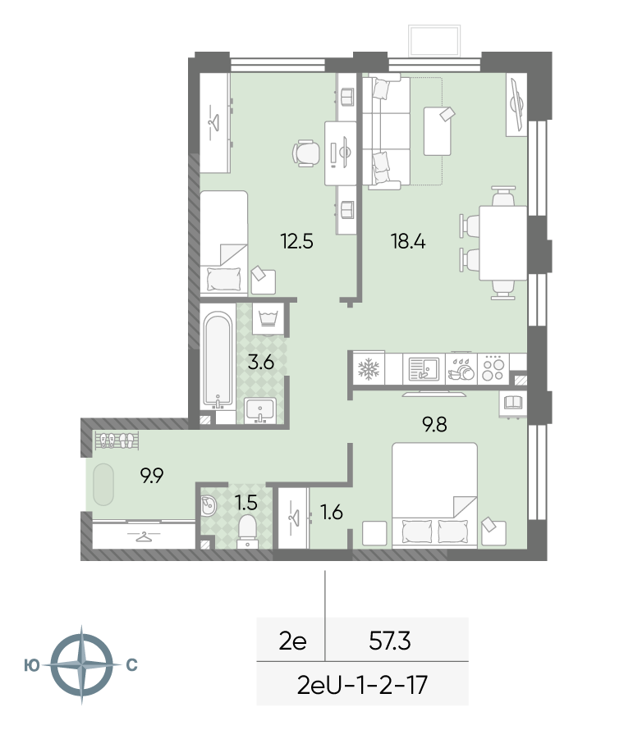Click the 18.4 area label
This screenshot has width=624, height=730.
click(x=408, y=242)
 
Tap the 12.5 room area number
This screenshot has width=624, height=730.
click(x=296, y=242)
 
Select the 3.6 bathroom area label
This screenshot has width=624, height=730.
click(x=261, y=362)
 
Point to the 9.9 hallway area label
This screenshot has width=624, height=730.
click(x=152, y=476)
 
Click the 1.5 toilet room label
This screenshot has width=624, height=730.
click(x=246, y=503)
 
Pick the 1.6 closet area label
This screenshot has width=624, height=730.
click(x=332, y=512)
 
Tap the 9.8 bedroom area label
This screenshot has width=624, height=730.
click(x=435, y=425)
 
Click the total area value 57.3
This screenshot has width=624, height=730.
click(x=390, y=641)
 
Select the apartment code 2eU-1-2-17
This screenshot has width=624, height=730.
click(x=362, y=685)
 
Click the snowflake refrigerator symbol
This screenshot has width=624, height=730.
click(x=369, y=369)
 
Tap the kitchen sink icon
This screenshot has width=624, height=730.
click(x=424, y=369)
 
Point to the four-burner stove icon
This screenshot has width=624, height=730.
click(x=493, y=369)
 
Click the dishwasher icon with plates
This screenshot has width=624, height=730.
click(x=461, y=369)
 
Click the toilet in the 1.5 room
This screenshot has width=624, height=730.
click(x=247, y=533)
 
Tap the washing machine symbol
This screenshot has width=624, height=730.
click(x=268, y=319)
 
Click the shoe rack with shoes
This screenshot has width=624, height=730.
click(x=117, y=440)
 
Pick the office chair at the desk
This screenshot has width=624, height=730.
click(x=305, y=153)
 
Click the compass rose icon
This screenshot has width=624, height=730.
click(x=81, y=664)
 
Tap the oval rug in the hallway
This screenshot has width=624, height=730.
click(x=103, y=485)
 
